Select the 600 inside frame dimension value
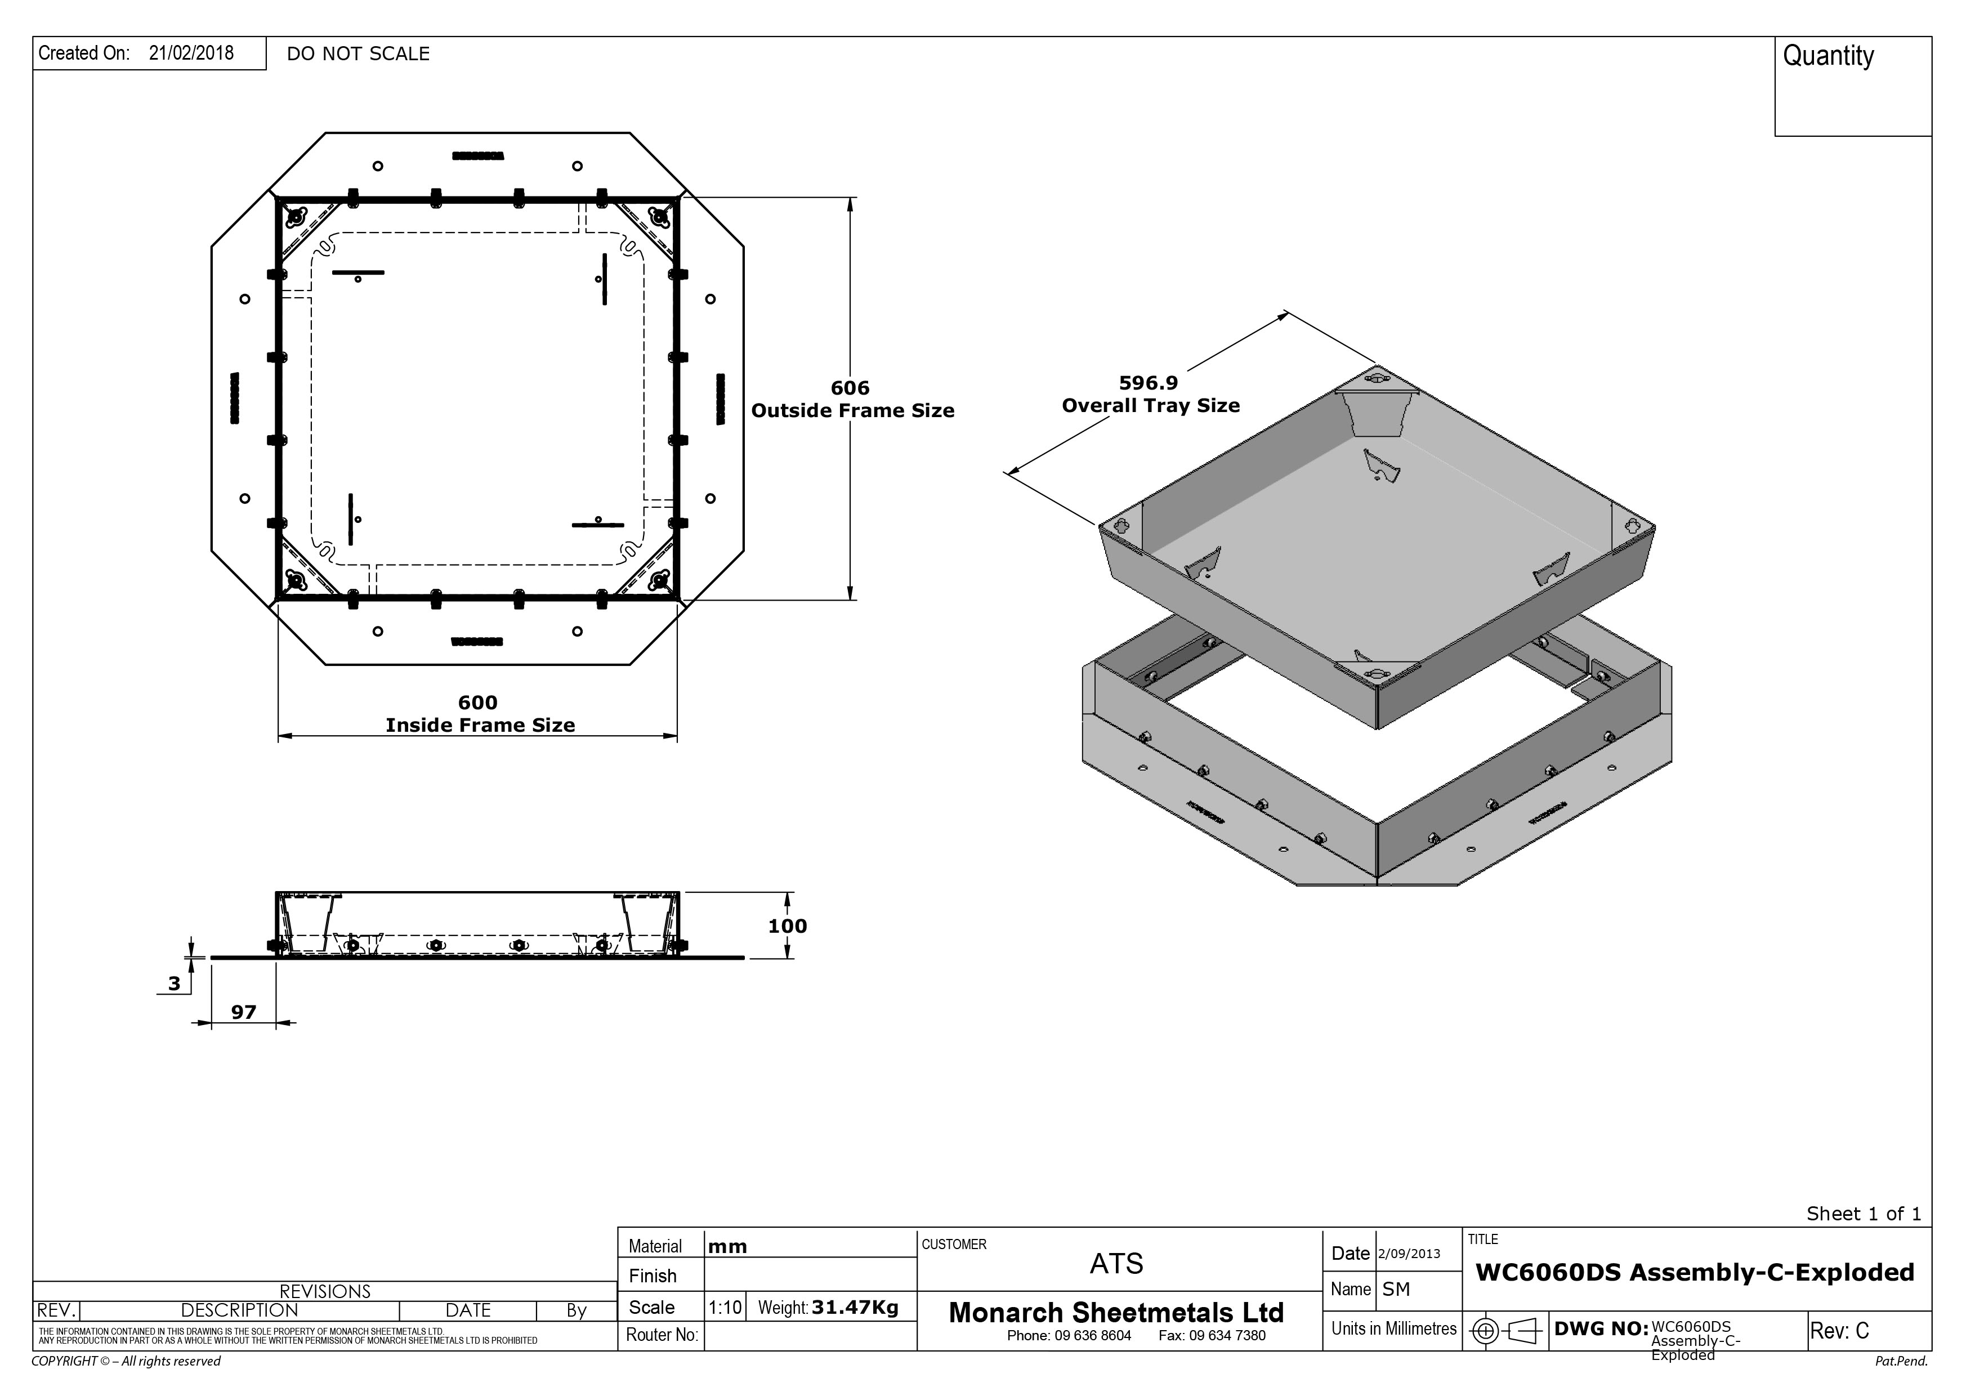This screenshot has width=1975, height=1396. click(477, 703)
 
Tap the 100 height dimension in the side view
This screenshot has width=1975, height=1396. click(787, 927)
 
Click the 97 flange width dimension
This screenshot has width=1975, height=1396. click(243, 1012)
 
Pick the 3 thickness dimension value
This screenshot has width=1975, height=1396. click(175, 983)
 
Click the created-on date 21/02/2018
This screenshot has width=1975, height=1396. click(191, 53)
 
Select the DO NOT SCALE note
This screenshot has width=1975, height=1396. click(358, 54)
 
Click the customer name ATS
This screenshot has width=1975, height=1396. click(1116, 1264)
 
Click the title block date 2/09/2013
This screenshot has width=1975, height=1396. click(1409, 1254)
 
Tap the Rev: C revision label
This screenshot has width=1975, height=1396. click(1839, 1331)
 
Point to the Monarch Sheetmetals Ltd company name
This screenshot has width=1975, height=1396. click(1116, 1313)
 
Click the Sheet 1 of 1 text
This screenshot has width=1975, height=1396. click(1863, 1214)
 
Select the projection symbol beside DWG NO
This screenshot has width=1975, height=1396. click(1504, 1331)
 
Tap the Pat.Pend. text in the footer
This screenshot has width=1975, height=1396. click(1901, 1362)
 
